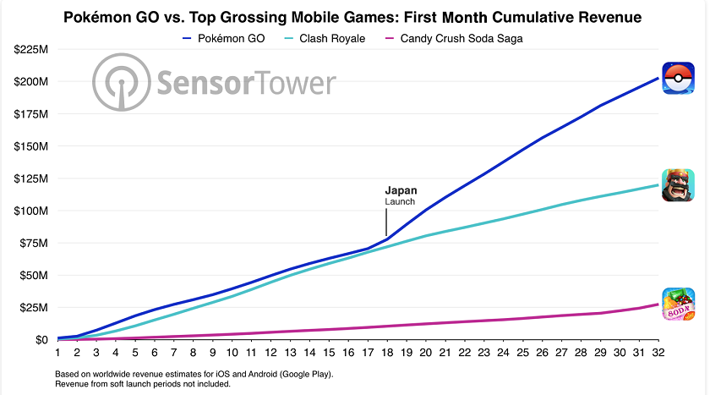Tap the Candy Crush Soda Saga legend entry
click(454, 38)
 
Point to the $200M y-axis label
click(31, 81)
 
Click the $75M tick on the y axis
click(35, 243)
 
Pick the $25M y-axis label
click(35, 307)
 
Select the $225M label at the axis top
click(31, 49)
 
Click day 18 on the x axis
click(387, 353)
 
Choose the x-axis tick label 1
click(57, 353)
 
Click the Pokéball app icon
click(679, 79)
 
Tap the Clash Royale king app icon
click(679, 185)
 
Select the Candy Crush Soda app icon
click(679, 304)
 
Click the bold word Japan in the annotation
click(401, 190)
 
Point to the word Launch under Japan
click(401, 202)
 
